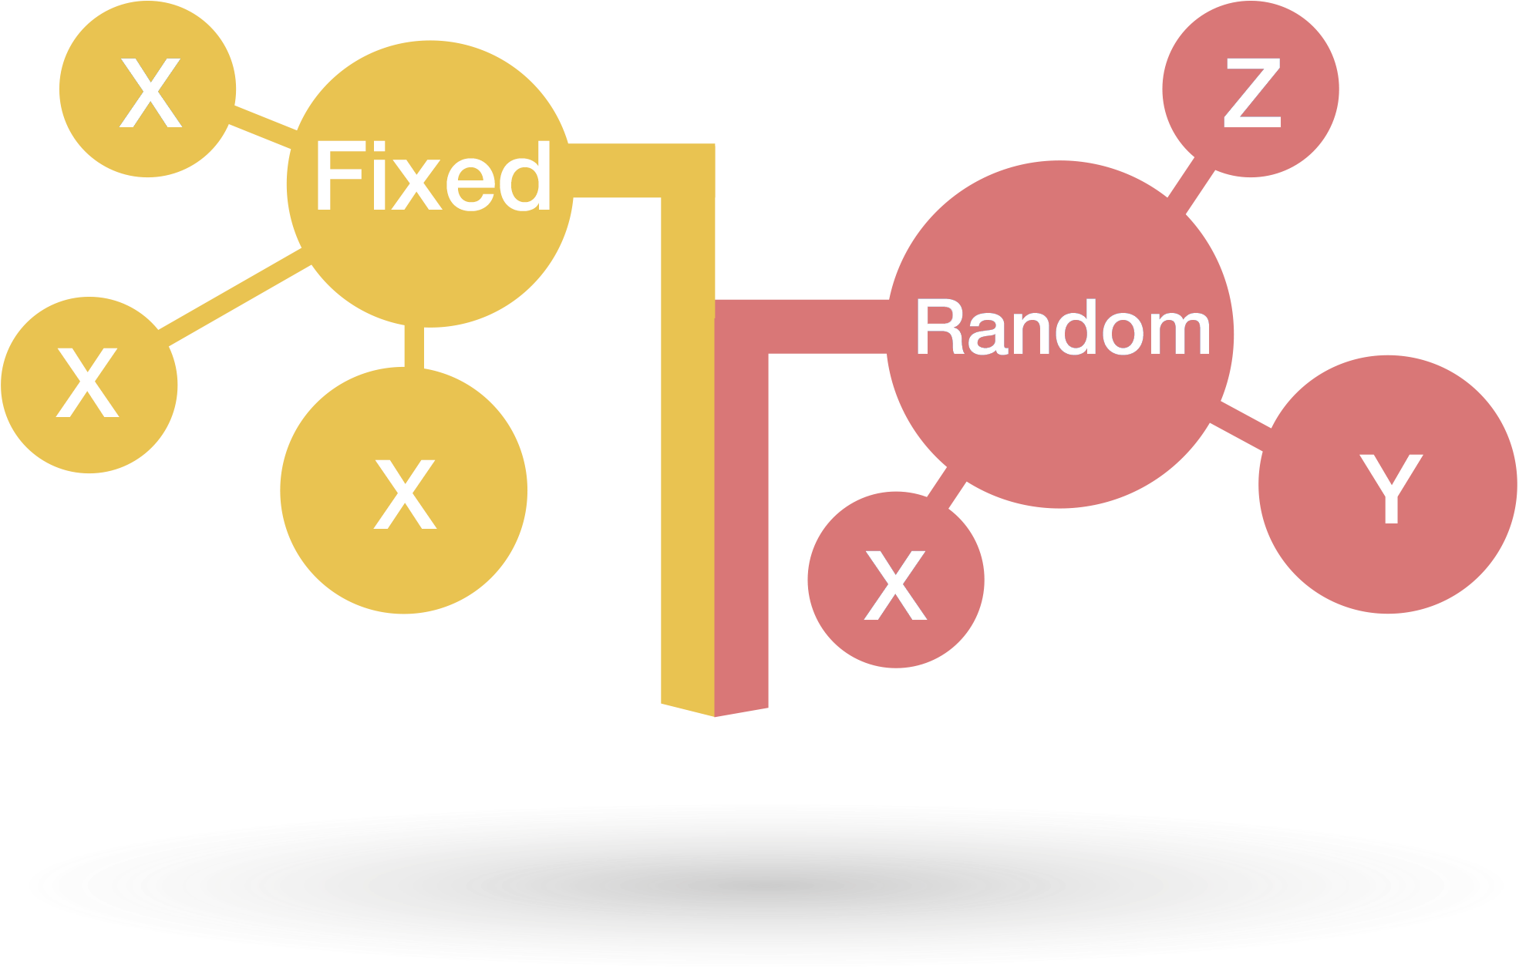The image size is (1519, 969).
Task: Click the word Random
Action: coord(1063,329)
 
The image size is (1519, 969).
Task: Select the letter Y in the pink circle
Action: coord(1390,488)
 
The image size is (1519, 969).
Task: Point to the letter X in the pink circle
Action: coord(895,586)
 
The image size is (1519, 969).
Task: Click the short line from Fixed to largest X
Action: coord(414,347)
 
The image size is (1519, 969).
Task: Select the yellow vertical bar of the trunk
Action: coord(688,463)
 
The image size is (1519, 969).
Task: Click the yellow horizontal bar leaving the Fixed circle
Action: coord(617,170)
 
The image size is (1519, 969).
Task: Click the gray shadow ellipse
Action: coord(759,887)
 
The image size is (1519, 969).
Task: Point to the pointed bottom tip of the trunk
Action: coord(715,714)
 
